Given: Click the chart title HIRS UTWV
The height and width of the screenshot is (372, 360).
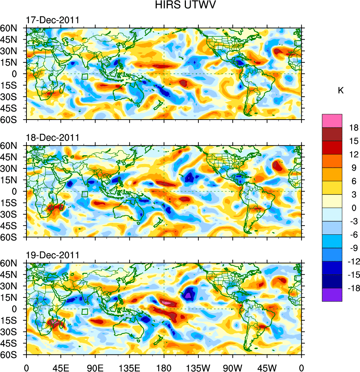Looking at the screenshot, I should (x=180, y=5).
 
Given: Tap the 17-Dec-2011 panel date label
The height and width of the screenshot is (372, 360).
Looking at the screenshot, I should (x=53, y=20).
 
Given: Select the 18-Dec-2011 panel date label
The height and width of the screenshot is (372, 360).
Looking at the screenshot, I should (x=53, y=138).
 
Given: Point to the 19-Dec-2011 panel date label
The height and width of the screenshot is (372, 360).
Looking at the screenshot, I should (x=53, y=255).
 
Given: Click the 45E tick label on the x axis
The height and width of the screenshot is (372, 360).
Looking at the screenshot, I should (x=61, y=367).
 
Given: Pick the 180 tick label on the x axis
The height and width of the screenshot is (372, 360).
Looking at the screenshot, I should (x=164, y=367).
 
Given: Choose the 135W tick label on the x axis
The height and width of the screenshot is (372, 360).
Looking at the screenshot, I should (x=198, y=367).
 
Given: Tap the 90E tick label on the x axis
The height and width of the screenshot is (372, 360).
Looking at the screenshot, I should (x=95, y=367).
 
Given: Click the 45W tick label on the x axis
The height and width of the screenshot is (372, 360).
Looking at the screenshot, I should (x=267, y=367).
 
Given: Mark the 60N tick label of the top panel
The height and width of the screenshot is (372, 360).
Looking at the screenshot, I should (x=14, y=28).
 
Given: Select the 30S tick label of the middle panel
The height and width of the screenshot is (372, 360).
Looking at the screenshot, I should (x=14, y=214).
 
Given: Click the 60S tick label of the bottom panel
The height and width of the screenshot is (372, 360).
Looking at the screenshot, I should (x=14, y=355).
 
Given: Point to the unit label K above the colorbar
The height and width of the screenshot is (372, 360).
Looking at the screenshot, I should (x=341, y=90).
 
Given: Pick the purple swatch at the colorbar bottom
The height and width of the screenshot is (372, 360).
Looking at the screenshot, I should (x=332, y=295).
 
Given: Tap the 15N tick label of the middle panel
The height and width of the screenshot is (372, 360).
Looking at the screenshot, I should (x=14, y=180).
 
